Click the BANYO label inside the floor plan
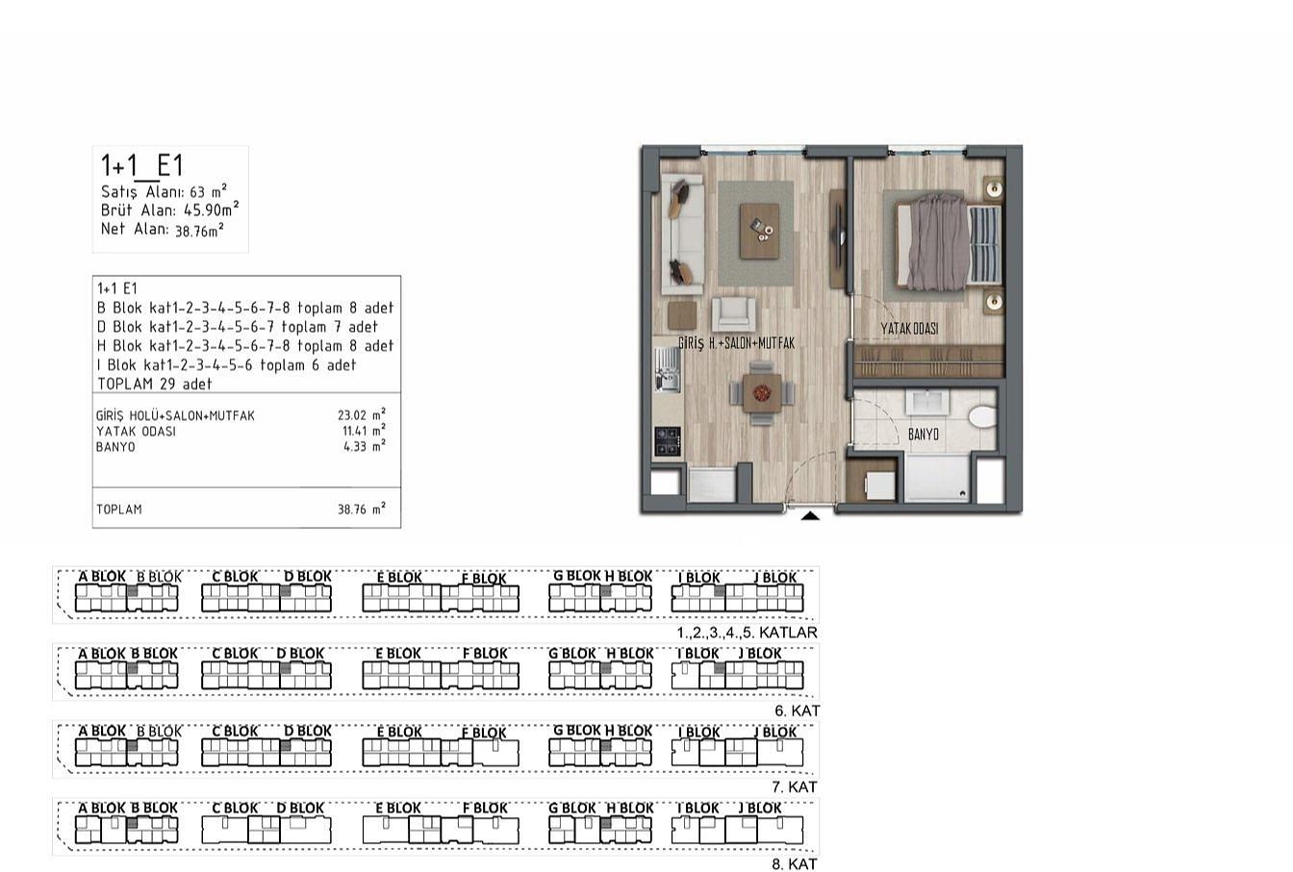924,435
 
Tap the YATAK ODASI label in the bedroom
909,329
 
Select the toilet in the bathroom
982,417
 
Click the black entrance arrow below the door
810,516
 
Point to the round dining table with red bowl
761,393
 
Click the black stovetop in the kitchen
668,441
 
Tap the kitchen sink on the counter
668,369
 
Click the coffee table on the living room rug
760,232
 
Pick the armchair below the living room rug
733,314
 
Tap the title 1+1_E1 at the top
142,166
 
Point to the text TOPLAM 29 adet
155,385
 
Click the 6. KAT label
798,711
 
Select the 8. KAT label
795,864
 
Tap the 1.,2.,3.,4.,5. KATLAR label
747,633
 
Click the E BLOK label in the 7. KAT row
400,732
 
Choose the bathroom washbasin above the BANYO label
927,402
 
